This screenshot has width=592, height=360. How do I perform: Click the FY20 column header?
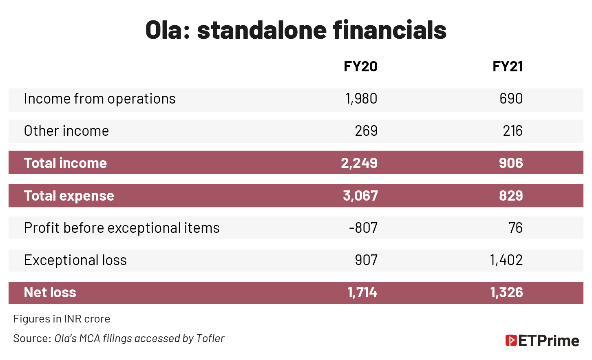pos(360,66)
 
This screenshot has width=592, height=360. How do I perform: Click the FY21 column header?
pos(508,66)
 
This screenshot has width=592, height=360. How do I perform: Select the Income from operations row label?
pos(99,99)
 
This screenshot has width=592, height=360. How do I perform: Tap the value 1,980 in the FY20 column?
pos(361,99)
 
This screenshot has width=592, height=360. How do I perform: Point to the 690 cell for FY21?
pos(511,99)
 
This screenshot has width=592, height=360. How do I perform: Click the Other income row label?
pos(66,131)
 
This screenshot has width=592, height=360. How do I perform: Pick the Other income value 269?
pos(366,131)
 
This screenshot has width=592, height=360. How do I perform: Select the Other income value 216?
pos(512,131)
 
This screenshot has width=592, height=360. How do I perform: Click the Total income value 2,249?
pos(359,163)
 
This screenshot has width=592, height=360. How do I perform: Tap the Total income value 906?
pos(511,163)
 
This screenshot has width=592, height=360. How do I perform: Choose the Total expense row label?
pos(69,196)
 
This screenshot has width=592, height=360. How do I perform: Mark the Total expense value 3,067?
pos(360,196)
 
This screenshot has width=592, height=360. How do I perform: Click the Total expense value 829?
pos(511,196)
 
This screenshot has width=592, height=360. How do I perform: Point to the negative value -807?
pos(363,227)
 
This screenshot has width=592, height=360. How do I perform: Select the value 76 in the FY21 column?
pos(516,227)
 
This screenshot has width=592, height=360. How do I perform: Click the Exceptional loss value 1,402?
pos(506,260)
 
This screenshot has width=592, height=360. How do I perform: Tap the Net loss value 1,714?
pos(362,292)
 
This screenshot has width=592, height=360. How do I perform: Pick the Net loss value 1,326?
pos(506,292)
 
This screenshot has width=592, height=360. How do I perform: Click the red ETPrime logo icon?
pos(511,340)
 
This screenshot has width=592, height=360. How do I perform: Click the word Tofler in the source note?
pos(210,338)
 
